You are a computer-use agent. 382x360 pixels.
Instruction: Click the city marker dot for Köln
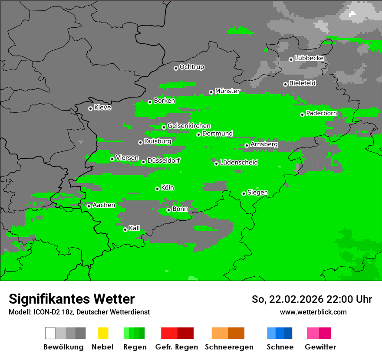157,189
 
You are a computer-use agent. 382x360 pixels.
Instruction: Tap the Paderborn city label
322,114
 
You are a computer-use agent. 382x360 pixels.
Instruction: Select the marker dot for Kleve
90,108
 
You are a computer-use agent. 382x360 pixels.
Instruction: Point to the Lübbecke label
310,58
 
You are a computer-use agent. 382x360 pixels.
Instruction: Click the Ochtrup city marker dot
176,68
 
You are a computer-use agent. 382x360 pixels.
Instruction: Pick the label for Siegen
258,193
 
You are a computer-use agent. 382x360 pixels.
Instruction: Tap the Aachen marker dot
89,206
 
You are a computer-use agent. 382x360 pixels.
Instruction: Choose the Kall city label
135,228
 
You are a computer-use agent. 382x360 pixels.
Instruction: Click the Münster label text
227,91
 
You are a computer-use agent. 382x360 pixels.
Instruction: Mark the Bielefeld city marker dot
285,84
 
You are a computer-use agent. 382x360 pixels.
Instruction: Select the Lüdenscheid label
239,163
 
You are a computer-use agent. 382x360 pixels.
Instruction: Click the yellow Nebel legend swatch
103,333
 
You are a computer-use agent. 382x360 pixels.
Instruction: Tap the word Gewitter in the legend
320,347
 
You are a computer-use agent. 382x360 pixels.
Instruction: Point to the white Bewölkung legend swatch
50,333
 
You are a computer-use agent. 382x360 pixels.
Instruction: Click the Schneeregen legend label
229,347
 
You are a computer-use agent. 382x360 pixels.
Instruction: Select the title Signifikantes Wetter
72,299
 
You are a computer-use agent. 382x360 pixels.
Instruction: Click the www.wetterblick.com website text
313,312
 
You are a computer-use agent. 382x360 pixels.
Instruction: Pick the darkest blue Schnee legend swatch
288,333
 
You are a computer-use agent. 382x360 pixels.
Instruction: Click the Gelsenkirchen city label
189,126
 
